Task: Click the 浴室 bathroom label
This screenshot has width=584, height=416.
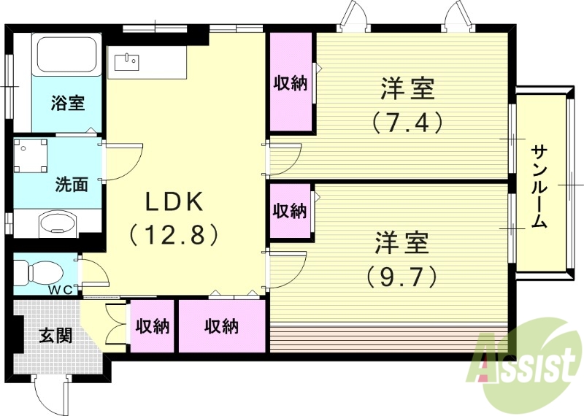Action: [67, 103]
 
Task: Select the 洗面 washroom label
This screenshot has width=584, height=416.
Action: [71, 184]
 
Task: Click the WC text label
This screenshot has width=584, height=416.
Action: [61, 289]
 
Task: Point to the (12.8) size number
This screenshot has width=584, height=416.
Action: [175, 235]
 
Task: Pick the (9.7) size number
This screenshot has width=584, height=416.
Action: [402, 275]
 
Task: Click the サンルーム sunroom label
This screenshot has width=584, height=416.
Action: [539, 186]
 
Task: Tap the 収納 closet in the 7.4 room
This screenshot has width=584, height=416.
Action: [291, 83]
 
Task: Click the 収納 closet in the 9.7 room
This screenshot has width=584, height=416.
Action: [290, 211]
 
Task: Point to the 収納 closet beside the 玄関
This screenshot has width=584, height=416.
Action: [151, 326]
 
